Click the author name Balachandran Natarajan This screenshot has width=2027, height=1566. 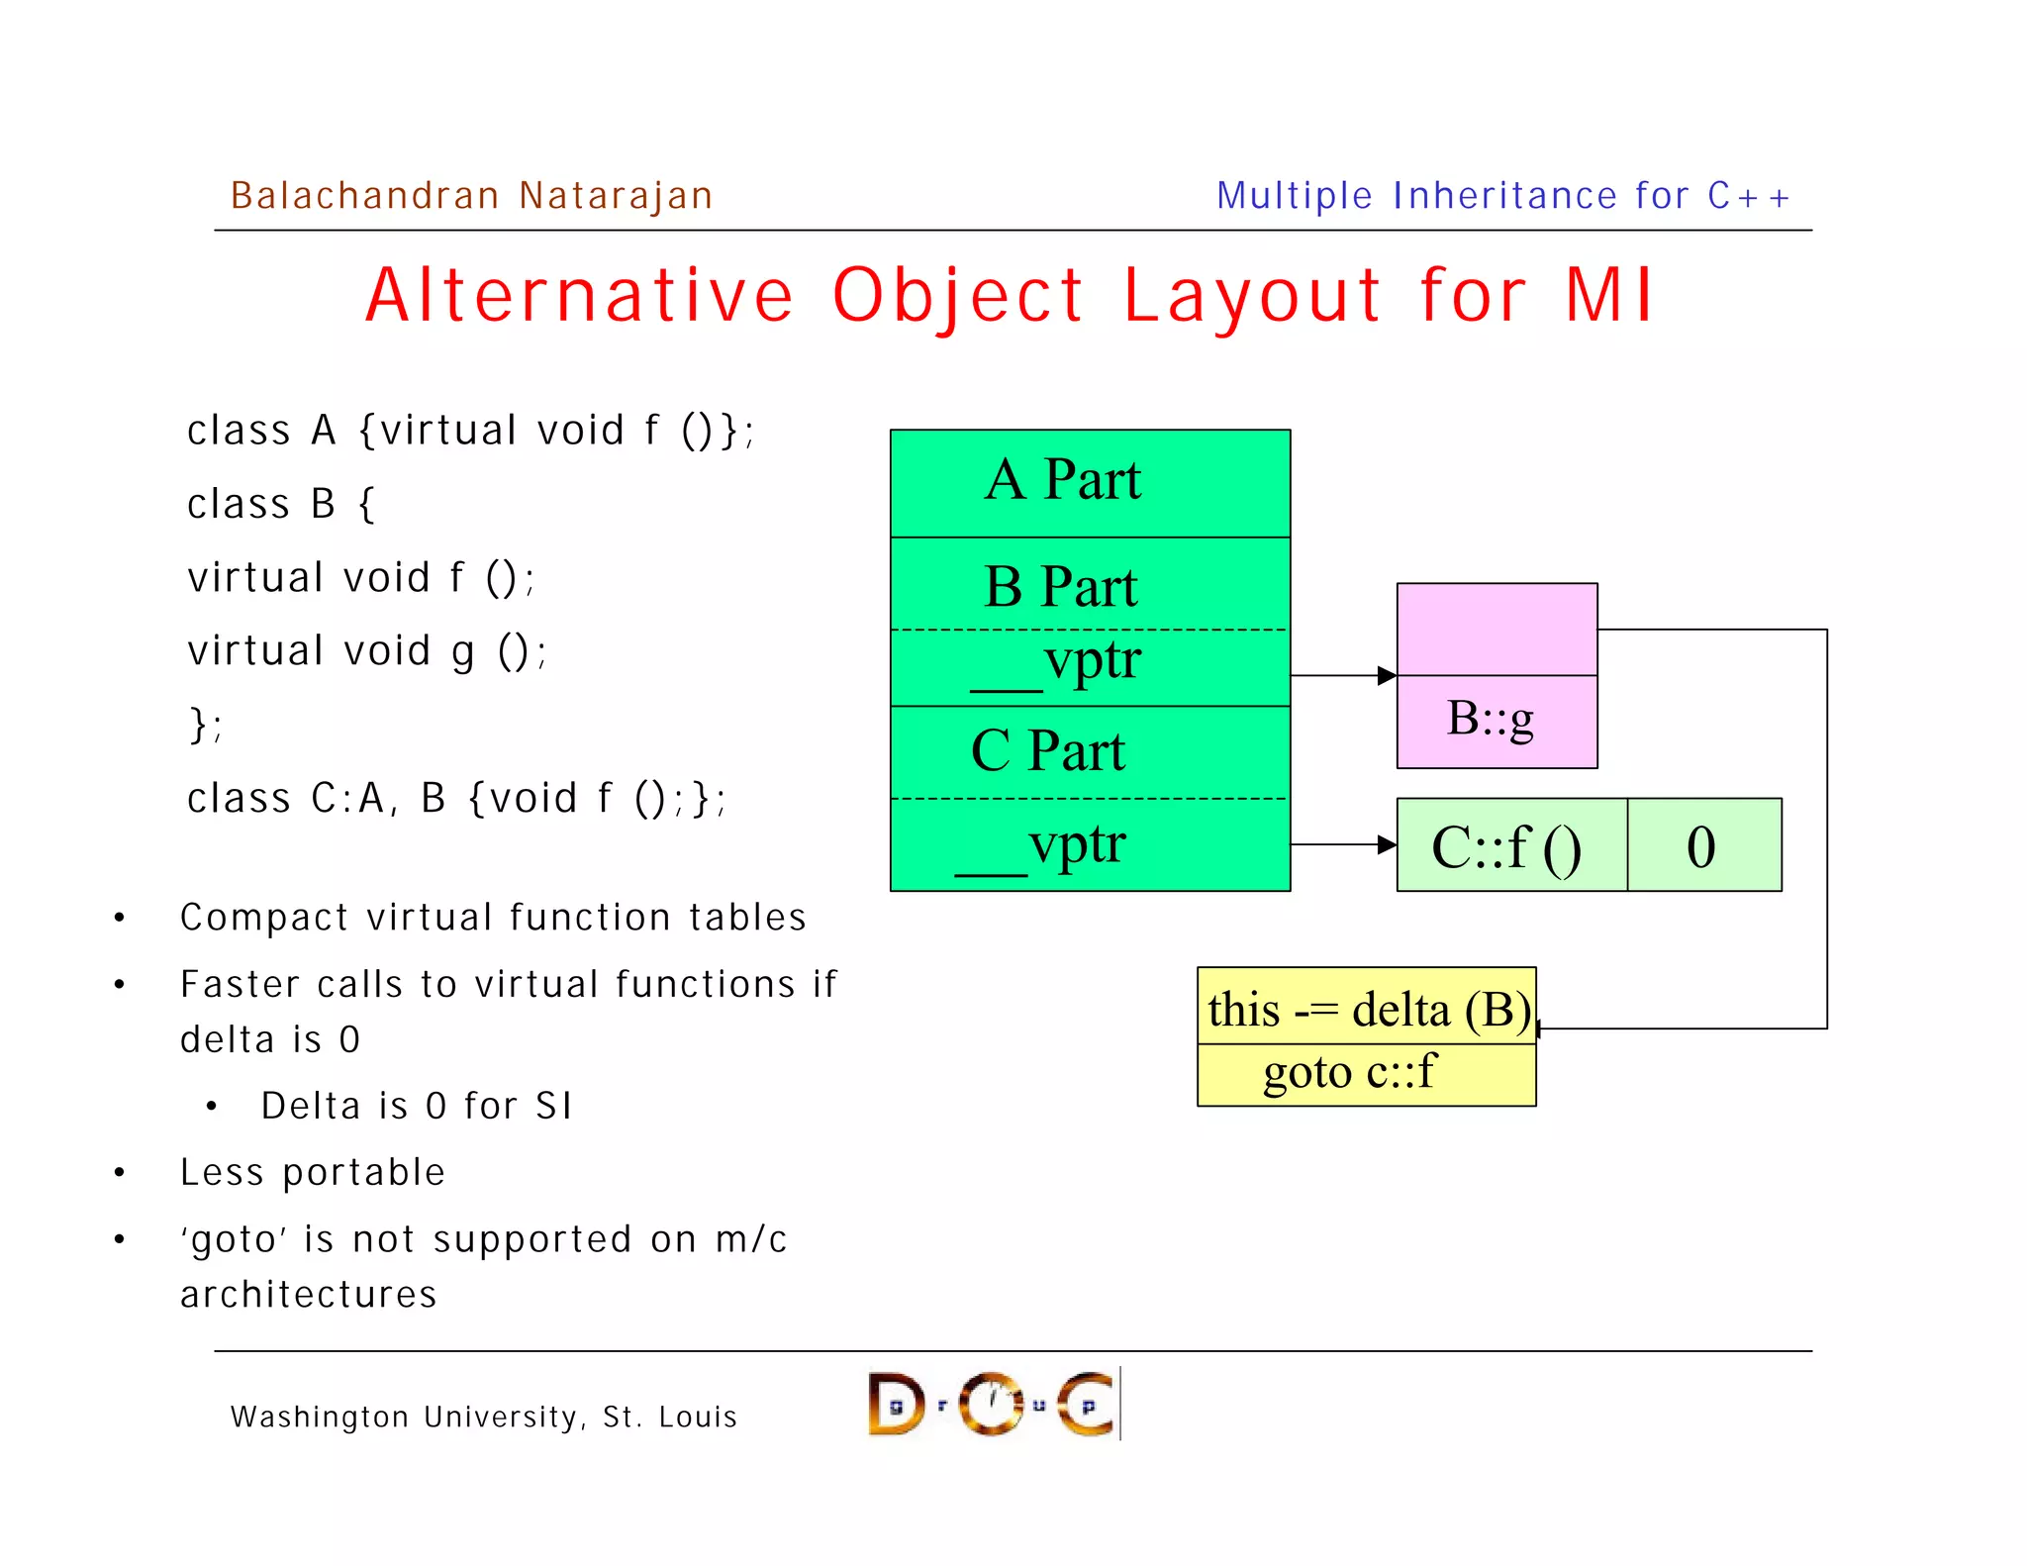tap(471, 196)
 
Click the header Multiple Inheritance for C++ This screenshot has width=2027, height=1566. tap(1502, 196)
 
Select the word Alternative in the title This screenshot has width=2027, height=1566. tap(580, 296)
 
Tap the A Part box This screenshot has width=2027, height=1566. tap(1089, 482)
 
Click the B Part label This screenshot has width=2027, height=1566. tap(1061, 587)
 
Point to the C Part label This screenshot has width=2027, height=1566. tap(1048, 750)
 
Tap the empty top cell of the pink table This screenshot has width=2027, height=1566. tap(1496, 630)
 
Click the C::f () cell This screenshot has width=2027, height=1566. tap(1509, 846)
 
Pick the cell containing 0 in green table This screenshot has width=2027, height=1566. tap(1702, 846)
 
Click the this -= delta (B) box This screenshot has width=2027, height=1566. tap(1366, 1009)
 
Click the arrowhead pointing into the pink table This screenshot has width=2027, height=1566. tap(1387, 676)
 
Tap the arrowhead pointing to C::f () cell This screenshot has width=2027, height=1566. tap(1387, 844)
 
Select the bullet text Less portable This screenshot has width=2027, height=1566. tap(313, 1173)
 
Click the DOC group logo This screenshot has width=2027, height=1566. tap(993, 1404)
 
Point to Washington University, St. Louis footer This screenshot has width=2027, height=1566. tap(484, 1417)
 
